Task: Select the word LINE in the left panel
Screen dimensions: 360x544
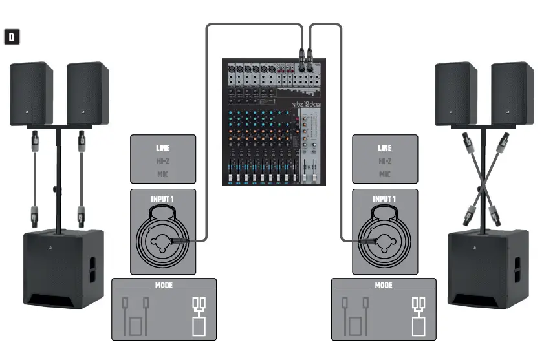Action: point(164,148)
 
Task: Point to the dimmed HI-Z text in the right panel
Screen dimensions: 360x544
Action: point(384,161)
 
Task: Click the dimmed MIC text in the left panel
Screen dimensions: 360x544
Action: point(164,174)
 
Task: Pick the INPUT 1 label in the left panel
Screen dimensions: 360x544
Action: point(163,199)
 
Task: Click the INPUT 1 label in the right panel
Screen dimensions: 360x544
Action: point(384,199)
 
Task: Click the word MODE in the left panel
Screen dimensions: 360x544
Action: point(164,285)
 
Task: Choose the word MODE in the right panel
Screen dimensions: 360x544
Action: point(384,285)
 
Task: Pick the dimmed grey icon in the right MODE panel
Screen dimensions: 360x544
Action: point(354,316)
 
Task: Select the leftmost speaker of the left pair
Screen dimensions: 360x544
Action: point(31,94)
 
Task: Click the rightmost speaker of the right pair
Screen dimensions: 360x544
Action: point(512,94)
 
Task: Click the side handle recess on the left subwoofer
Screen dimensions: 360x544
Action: point(91,268)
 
